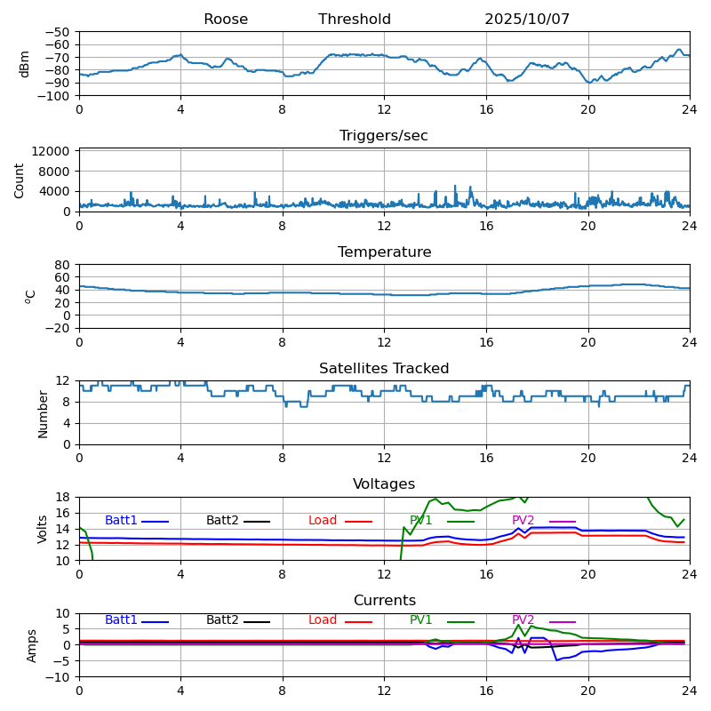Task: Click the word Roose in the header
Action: coord(226,20)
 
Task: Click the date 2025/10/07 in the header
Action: coord(527,20)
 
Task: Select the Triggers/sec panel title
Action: coord(384,136)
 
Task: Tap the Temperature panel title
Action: coord(384,252)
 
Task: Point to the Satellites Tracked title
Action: coord(384,369)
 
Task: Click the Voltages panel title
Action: coord(384,484)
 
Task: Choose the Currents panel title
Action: coord(384,601)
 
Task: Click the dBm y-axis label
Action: coord(25,64)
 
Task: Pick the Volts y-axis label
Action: coord(43,529)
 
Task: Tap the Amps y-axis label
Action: coord(32,645)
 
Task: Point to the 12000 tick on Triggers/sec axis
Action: coord(52,152)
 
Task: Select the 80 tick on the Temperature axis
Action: coord(63,265)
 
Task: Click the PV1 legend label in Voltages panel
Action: coord(421,521)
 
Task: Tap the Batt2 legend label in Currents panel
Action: coord(222,620)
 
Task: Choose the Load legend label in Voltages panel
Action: coord(323,521)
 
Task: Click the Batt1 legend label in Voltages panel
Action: coord(121,521)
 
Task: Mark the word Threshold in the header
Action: coord(355,20)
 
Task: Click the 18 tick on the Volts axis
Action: coord(63,497)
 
